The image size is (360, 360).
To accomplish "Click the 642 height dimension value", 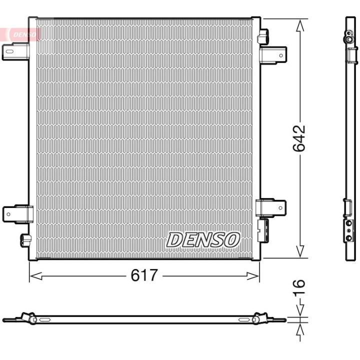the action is coord(299,138).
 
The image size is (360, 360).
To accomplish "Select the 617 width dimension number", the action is coord(144,275).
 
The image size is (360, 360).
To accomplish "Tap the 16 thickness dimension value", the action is coord(299,287).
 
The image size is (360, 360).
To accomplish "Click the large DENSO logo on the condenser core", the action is coord(203,240).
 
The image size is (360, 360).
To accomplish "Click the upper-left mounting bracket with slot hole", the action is coord(15,51).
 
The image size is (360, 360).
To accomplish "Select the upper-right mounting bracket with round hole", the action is coord(273,55).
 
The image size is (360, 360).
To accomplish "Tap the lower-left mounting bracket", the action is coord(18,214).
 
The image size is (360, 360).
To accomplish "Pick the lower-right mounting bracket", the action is coord(271,208).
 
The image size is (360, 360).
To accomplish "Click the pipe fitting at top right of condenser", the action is coord(263,36).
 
